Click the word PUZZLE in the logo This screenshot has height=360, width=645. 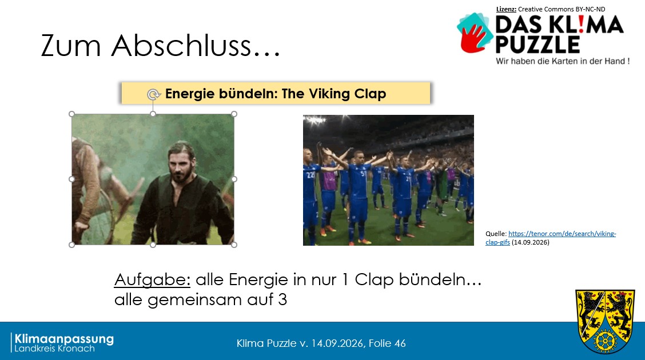(537, 45)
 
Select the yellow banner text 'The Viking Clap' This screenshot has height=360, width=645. (334, 94)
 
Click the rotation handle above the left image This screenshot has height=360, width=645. (153, 94)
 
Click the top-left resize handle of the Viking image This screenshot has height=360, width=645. (71, 114)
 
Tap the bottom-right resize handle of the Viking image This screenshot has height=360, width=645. (234, 245)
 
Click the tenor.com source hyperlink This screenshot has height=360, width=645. (551, 238)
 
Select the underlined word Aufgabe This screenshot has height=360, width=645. (152, 280)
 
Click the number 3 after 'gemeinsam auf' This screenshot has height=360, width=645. (282, 300)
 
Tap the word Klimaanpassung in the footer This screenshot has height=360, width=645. (64, 339)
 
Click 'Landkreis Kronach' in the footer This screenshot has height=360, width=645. (55, 349)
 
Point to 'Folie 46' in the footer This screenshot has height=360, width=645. (387, 343)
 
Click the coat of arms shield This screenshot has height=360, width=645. (605, 321)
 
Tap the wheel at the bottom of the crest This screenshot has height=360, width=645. (605, 340)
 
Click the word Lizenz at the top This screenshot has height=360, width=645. (506, 9)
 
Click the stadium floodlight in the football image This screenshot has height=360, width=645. (314, 121)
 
